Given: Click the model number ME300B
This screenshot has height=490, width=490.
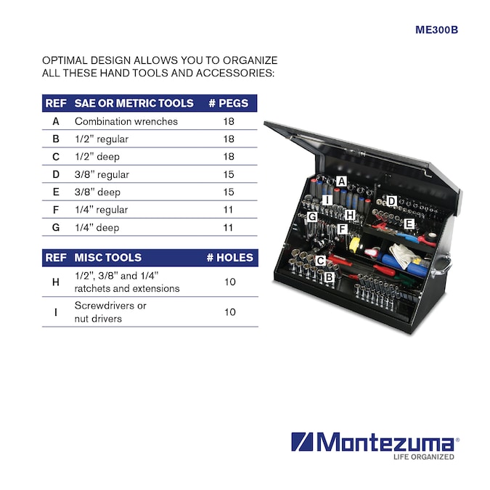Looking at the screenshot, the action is [436, 30].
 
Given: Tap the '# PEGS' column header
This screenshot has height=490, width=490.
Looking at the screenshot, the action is [229, 103].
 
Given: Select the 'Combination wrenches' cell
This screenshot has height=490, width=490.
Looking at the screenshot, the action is [126, 121].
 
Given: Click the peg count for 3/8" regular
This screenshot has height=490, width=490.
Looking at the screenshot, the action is [229, 174].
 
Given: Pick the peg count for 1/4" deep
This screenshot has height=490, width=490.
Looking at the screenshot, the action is [228, 227].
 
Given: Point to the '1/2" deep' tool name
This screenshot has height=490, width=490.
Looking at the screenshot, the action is [97, 157].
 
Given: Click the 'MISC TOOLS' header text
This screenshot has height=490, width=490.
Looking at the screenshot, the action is [108, 258].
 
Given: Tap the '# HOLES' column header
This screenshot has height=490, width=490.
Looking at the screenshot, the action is [230, 258].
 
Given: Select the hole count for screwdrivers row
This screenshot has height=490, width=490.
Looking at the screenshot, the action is [230, 312].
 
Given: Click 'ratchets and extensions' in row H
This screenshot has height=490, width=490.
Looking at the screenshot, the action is [127, 288].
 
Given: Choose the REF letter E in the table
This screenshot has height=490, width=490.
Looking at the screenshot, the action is [56, 192].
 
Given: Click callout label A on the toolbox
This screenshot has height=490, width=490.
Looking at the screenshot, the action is [342, 181].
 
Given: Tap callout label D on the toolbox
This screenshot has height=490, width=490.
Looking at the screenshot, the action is [391, 201].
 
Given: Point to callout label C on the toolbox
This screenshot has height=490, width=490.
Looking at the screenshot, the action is [320, 261].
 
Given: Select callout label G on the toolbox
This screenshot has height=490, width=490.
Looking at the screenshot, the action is [312, 216].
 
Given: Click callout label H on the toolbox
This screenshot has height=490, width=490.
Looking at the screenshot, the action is [350, 215].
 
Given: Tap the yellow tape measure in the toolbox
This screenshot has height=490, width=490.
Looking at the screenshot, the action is [355, 244].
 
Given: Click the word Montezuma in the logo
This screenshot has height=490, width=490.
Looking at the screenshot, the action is [385, 441].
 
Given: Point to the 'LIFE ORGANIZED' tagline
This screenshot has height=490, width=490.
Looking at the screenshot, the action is [423, 457].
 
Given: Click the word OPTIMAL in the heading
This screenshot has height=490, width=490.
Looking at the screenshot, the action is [65, 60].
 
